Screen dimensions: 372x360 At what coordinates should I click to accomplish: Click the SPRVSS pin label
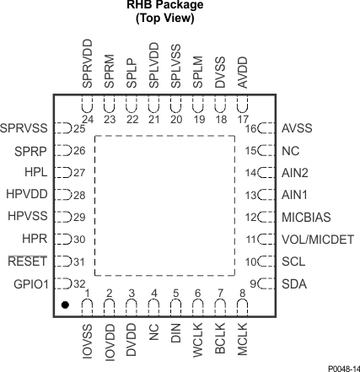pos(25,129)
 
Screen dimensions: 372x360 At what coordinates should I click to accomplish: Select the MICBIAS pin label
pos(305,217)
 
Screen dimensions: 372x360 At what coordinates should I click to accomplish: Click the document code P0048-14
pos(336,363)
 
